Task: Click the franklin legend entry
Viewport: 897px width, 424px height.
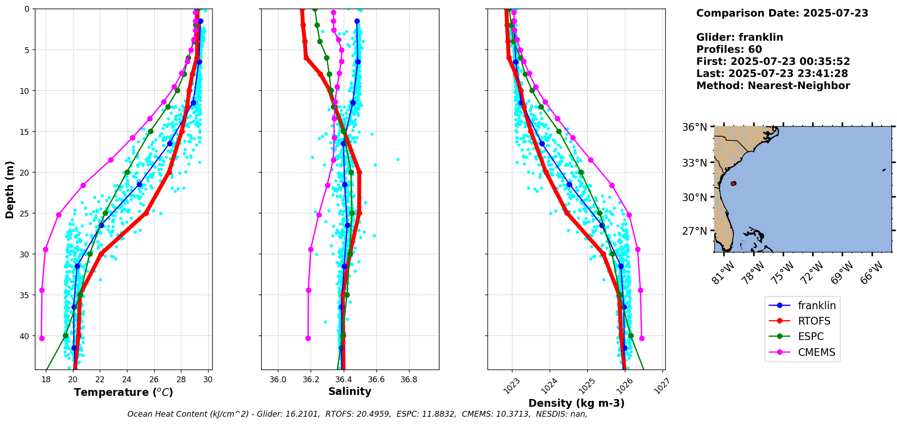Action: click(x=816, y=306)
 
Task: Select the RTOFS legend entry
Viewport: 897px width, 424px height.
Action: click(x=814, y=321)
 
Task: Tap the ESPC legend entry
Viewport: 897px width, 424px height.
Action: click(x=811, y=336)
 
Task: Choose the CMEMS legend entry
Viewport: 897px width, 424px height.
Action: click(x=816, y=352)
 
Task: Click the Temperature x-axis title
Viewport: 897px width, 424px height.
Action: click(x=123, y=392)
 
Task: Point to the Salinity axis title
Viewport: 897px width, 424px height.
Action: click(x=350, y=391)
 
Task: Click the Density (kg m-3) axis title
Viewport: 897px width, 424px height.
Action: click(x=576, y=403)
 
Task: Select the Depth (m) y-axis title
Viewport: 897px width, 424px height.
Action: click(x=10, y=189)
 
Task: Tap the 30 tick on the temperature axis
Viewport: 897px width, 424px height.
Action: click(x=208, y=379)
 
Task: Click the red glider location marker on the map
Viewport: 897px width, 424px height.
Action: click(x=733, y=183)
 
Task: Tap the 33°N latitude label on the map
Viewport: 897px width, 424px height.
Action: click(x=695, y=163)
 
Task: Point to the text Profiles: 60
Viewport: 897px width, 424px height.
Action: click(x=729, y=49)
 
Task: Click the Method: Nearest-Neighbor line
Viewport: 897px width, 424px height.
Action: click(x=773, y=86)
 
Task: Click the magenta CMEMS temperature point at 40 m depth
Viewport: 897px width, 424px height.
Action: click(x=42, y=338)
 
